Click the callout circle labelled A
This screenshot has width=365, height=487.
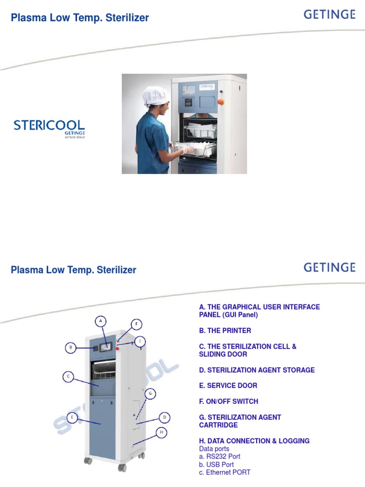point(101,321)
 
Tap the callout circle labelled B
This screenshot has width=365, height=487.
point(71,348)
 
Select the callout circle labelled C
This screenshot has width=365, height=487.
point(68,377)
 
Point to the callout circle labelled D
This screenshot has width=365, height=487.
point(164,418)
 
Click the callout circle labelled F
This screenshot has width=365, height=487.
point(136,324)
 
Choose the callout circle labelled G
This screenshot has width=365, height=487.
point(150,393)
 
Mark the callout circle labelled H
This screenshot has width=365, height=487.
point(162,432)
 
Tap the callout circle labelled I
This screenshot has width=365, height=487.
point(140,341)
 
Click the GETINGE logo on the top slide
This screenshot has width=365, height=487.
point(329,15)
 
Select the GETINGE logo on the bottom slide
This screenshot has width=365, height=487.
point(329,267)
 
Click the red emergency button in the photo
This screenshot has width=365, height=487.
point(220,101)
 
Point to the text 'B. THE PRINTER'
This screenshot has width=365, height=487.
point(225,331)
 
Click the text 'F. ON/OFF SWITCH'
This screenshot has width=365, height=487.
point(229,401)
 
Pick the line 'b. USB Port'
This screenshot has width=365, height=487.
point(216,465)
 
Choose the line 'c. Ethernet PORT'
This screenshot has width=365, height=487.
point(225,472)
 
